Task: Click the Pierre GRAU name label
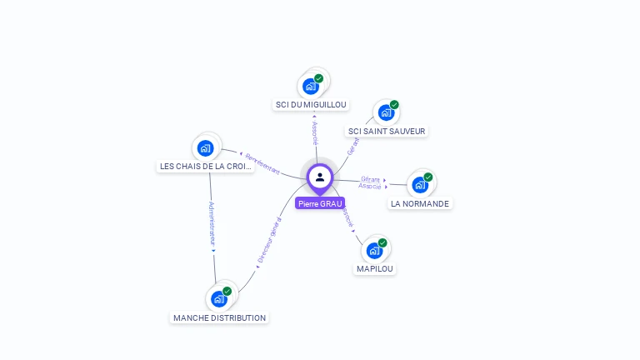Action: click(x=320, y=203)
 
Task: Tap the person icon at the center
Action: click(x=320, y=177)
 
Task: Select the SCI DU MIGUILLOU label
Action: click(x=311, y=105)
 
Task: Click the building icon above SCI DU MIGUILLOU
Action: click(x=311, y=86)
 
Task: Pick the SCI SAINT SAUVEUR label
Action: click(x=387, y=131)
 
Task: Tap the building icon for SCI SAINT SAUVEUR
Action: click(x=386, y=112)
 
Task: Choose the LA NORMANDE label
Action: click(x=420, y=203)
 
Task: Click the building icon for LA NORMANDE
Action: click(x=420, y=184)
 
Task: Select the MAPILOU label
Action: click(x=375, y=268)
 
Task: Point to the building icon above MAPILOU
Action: click(x=374, y=250)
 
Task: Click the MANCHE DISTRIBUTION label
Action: click(x=220, y=317)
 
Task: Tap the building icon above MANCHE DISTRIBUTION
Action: click(x=218, y=298)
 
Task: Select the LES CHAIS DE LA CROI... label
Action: click(x=206, y=166)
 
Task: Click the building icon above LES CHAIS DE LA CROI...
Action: click(x=206, y=148)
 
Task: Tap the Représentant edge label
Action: click(x=262, y=162)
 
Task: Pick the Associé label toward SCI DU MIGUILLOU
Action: click(x=315, y=132)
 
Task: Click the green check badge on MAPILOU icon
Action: click(x=382, y=243)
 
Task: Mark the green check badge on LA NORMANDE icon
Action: click(x=428, y=177)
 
